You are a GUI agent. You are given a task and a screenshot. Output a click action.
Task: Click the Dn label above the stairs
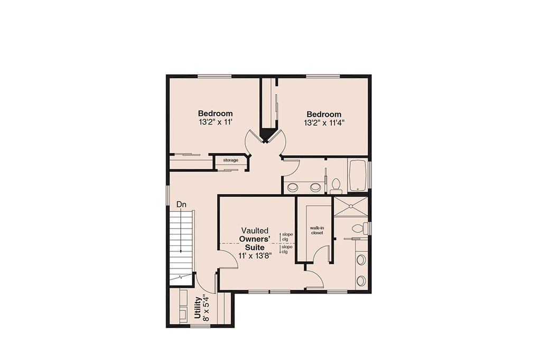[181, 204]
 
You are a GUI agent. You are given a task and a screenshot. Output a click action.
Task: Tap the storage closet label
[230, 160]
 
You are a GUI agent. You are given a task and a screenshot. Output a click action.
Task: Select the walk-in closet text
[317, 230]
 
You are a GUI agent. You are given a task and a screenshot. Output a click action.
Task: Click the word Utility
[198, 308]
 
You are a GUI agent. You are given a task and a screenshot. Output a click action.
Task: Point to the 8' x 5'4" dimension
[206, 308]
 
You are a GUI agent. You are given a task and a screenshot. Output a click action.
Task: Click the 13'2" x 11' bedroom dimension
[215, 122]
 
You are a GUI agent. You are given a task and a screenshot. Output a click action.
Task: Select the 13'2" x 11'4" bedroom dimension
[324, 123]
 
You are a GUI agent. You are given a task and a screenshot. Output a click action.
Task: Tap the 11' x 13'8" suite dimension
[255, 255]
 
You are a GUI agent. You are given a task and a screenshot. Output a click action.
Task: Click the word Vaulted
[255, 230]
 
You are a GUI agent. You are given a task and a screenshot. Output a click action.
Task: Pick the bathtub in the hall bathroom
[359, 176]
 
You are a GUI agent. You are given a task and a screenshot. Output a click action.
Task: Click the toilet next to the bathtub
[335, 186]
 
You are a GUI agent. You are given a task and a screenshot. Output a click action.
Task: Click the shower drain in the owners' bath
[351, 206]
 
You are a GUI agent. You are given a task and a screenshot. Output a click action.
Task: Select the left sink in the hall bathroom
[293, 187]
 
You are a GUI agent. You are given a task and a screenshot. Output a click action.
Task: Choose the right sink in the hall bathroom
[315, 187]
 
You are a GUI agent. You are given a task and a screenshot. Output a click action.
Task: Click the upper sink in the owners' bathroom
[361, 260]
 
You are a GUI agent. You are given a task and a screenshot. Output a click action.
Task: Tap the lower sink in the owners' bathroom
[361, 281]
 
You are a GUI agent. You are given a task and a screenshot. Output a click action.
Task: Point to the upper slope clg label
[287, 236]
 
